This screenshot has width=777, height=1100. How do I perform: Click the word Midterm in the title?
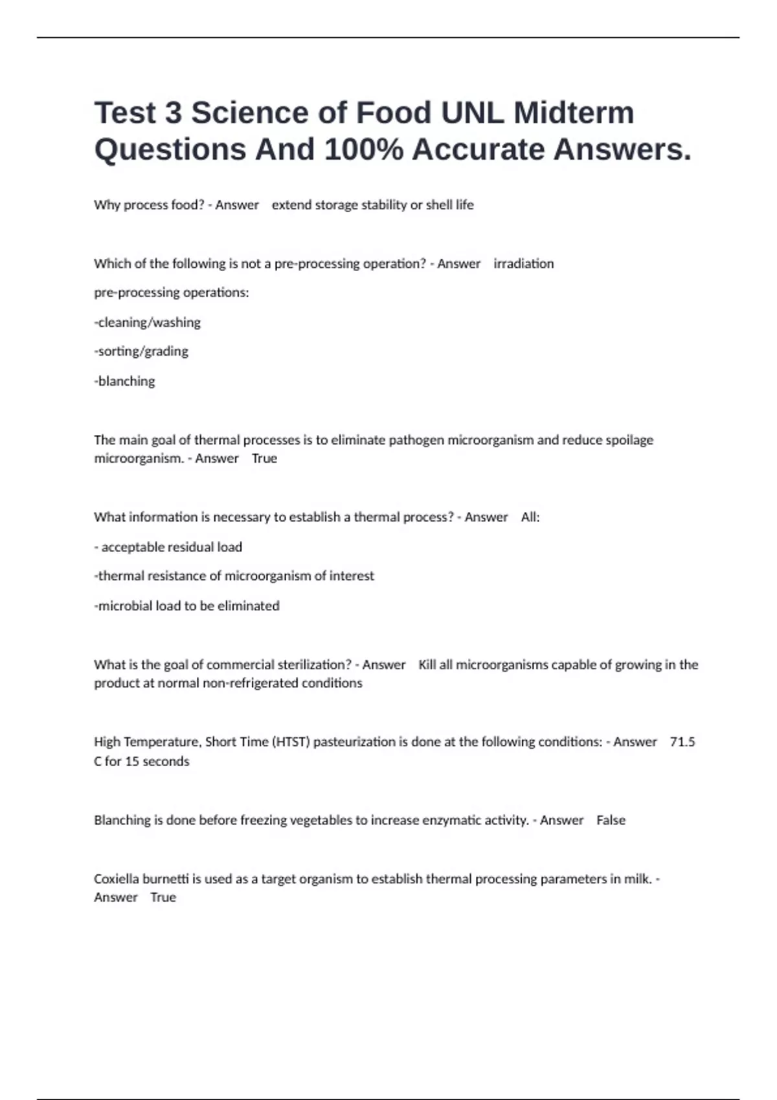[x=574, y=113]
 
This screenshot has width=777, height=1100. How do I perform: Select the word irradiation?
[x=523, y=263]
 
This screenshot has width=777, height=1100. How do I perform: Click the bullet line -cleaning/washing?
[x=148, y=322]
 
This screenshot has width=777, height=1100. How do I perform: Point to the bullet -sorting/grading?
[x=141, y=351]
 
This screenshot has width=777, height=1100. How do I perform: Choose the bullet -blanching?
[x=125, y=381]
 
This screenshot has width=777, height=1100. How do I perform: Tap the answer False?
[x=611, y=820]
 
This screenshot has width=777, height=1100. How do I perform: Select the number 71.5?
[x=682, y=742]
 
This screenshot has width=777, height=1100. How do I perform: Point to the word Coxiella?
[x=117, y=879]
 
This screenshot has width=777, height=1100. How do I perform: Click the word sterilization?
[x=314, y=665]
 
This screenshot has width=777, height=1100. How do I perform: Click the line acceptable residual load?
[x=168, y=547]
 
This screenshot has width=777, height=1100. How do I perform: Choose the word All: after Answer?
[x=530, y=517]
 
